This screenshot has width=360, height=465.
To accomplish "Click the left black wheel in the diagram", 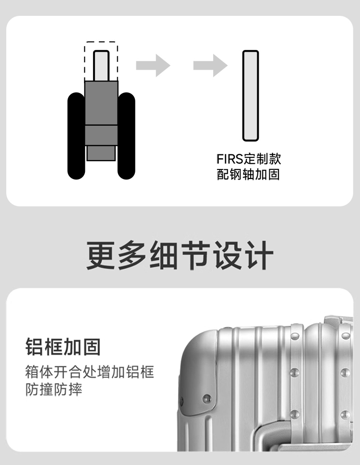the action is pos(76,136).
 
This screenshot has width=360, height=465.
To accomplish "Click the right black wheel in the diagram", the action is pos(126,136).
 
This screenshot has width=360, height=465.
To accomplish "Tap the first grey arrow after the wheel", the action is pos(153,65).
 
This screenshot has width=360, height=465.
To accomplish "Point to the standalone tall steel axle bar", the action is pos(250,95).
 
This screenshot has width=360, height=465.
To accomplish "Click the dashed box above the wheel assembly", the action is pos(101,60).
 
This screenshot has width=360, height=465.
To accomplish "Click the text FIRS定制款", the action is pos(248,159).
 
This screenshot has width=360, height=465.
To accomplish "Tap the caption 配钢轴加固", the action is pos(248,174).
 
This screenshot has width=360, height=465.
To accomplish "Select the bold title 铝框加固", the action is pos(63,346).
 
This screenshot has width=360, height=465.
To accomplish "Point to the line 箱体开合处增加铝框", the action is pos(90,372).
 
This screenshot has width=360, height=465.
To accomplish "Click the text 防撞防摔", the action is pos(54,389).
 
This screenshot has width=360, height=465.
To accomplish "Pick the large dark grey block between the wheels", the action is pos(101,103).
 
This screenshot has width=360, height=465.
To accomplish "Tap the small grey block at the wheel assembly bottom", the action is pos(101,153).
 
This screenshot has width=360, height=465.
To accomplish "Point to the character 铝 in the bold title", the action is pos(34,346).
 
